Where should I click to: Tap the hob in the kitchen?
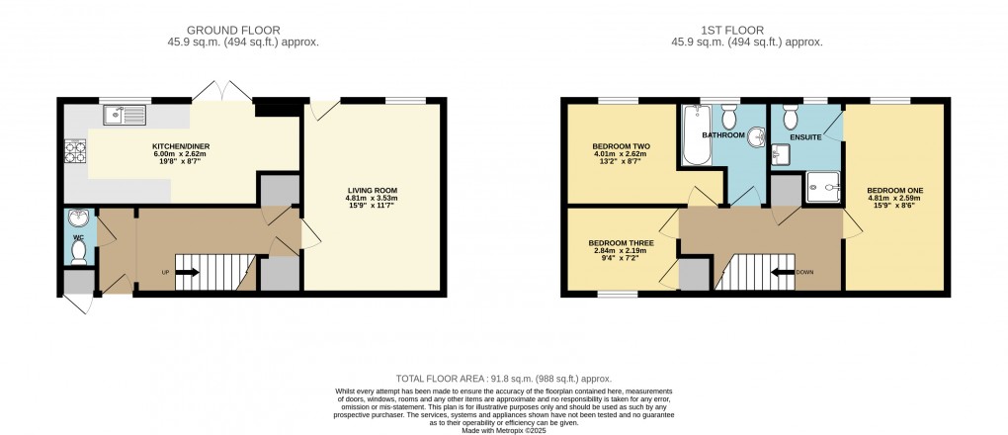click(75, 151)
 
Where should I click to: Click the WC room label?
click(78, 237)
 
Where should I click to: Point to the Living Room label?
click(372, 190)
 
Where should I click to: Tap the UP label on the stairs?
click(166, 272)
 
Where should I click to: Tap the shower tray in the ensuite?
click(821, 185)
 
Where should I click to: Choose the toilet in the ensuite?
click(790, 118)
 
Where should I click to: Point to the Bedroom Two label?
click(614, 146)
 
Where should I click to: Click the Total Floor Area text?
click(503, 379)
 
